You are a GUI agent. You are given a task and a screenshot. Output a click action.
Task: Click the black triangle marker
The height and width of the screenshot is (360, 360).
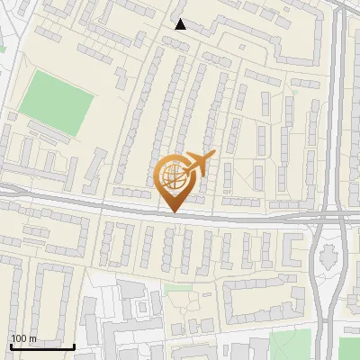[x=180, y=24]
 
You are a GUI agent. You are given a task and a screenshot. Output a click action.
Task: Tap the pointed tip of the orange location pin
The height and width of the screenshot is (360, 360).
[x=175, y=211]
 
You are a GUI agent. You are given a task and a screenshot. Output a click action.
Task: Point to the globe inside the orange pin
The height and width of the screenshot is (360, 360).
[x=174, y=177]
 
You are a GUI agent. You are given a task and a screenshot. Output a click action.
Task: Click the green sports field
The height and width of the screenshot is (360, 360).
[x=56, y=103]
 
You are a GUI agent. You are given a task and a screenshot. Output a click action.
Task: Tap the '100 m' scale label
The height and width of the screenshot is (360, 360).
[x=23, y=338]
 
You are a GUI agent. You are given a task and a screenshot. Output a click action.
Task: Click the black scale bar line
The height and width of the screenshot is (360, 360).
[x=42, y=346]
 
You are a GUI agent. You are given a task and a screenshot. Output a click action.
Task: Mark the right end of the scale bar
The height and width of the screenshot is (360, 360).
[x=75, y=346]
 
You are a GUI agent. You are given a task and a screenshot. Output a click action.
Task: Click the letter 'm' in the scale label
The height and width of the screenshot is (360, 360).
[x=31, y=338]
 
